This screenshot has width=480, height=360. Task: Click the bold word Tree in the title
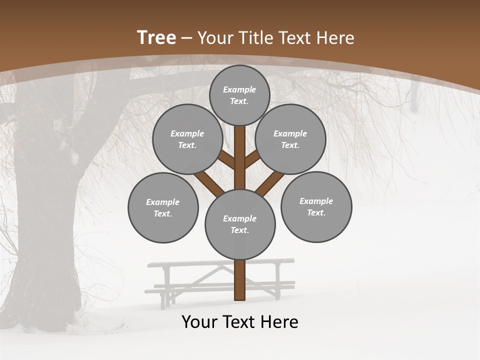[x=156, y=37]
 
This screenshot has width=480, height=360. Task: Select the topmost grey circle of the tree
[x=239, y=95]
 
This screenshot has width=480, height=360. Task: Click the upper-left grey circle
[x=187, y=139]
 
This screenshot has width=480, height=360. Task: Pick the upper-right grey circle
[x=290, y=139]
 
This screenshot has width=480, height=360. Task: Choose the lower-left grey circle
[x=163, y=207]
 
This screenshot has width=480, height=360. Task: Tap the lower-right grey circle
[x=316, y=206]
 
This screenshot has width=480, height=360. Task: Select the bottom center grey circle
[x=240, y=224]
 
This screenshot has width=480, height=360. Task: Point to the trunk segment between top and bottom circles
[x=240, y=157]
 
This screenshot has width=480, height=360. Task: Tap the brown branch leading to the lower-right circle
[x=270, y=183]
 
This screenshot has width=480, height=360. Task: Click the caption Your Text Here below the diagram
[x=240, y=322]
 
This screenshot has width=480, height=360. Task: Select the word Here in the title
[x=335, y=38]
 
